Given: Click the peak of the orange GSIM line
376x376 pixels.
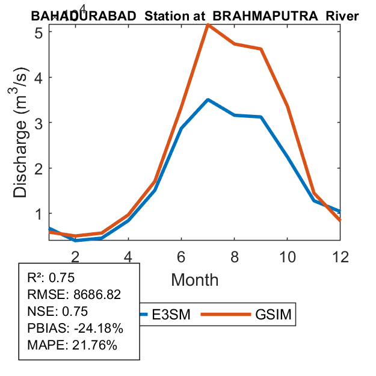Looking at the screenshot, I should tap(208, 25).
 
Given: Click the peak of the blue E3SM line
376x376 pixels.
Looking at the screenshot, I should tap(208, 100).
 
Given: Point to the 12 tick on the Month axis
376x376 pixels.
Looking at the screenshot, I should tap(341, 256).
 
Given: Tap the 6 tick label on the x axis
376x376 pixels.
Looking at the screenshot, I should tap(181, 256).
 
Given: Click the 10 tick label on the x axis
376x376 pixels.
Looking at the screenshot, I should tap(287, 256).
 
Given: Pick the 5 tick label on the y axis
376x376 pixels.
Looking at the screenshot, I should tap(37, 32).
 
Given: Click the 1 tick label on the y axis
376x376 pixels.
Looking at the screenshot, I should tap(37, 214).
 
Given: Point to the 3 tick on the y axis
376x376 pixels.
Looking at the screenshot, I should tap(37, 123).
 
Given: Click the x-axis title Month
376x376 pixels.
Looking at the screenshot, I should tap(194, 279).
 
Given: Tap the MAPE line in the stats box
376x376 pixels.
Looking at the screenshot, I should tap(72, 345).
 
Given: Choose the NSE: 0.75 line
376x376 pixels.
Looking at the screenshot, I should tap(58, 312).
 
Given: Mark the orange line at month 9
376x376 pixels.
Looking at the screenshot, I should tap(260, 49).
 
